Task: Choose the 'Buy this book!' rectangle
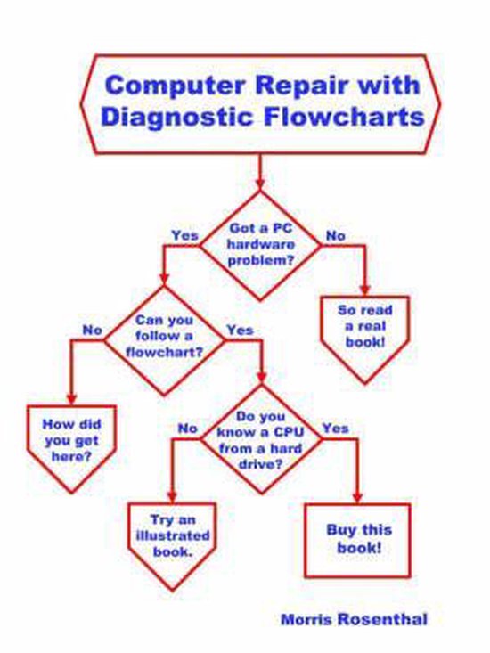pyautogui.click(x=358, y=538)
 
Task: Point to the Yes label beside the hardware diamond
pyautogui.click(x=184, y=235)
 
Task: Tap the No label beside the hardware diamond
pyautogui.click(x=334, y=235)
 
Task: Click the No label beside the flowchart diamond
pyautogui.click(x=93, y=330)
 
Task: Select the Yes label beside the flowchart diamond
pyautogui.click(x=240, y=330)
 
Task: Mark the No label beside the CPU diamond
pyautogui.click(x=187, y=429)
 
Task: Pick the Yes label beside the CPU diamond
pyautogui.click(x=335, y=429)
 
